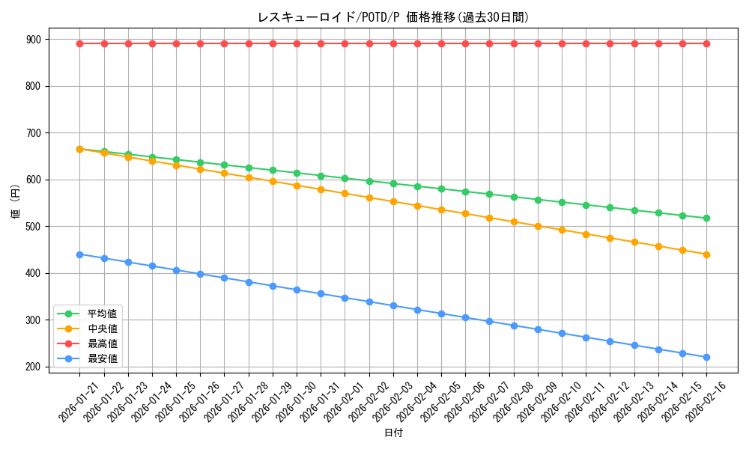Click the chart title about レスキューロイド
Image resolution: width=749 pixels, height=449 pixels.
click(x=393, y=17)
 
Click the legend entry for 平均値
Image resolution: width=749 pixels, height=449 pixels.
click(x=103, y=314)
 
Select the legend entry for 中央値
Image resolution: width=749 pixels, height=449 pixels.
click(x=103, y=329)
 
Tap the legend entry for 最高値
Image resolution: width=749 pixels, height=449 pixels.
click(x=103, y=343)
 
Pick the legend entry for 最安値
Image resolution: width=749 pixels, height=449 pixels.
click(x=103, y=358)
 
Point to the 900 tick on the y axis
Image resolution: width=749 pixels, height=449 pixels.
click(x=33, y=39)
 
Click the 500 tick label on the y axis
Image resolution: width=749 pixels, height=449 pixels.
click(x=33, y=226)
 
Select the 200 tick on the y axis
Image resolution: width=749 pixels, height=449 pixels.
click(x=33, y=367)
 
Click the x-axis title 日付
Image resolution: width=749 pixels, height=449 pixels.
click(x=393, y=433)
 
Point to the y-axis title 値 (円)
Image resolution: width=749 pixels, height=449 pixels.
click(x=16, y=202)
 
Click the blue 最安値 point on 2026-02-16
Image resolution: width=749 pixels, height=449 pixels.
click(x=706, y=357)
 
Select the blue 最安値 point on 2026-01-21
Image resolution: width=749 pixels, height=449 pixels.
click(x=79, y=254)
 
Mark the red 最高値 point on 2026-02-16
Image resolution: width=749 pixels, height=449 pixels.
click(x=706, y=43)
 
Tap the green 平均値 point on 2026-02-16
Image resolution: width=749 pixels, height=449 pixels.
click(x=706, y=218)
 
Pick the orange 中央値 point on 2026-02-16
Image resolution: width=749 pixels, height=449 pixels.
click(x=706, y=254)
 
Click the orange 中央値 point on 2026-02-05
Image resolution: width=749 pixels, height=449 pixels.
click(x=441, y=210)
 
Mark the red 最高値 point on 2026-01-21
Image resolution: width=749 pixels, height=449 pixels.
click(x=79, y=43)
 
